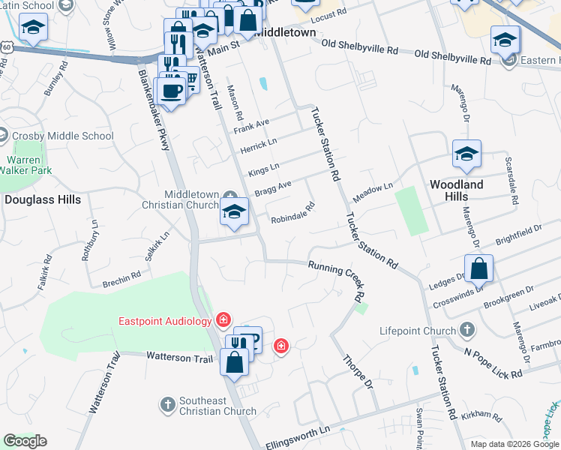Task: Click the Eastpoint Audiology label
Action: (165, 322)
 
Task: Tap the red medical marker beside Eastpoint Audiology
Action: (223, 320)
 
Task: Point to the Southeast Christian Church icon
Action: (166, 405)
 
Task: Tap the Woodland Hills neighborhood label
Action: (455, 190)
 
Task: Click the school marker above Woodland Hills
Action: (466, 155)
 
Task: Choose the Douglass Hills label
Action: (42, 199)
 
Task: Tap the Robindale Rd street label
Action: (292, 216)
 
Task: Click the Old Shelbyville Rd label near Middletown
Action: (359, 47)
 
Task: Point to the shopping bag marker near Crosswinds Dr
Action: (478, 268)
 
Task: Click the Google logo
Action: (25, 441)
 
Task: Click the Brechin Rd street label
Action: (121, 278)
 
